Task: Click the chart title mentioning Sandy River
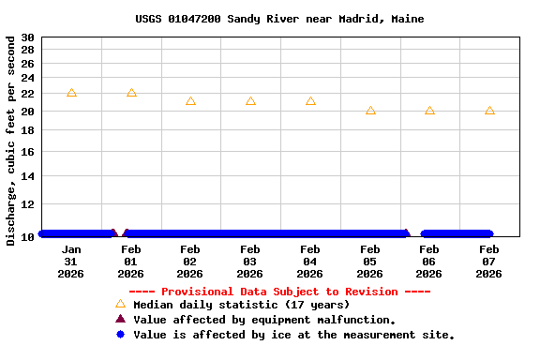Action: pos(279,19)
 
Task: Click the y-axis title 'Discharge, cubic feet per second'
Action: pos(11,141)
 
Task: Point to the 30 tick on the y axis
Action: pos(28,37)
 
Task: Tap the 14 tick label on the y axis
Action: pos(28,175)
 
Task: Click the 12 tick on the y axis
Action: pos(28,203)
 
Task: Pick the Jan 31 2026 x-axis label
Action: pos(71,262)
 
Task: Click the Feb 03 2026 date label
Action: pos(250,262)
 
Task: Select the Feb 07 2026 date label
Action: pos(489,262)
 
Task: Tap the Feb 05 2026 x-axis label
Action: pos(369,262)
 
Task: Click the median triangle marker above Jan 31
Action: pos(71,93)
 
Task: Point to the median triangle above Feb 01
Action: pos(131,93)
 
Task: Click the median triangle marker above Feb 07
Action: pos(489,111)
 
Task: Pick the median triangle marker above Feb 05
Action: pos(370,111)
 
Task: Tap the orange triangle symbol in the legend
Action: pos(120,304)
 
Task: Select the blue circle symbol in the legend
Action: pos(120,335)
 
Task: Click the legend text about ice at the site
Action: pos(293,335)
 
